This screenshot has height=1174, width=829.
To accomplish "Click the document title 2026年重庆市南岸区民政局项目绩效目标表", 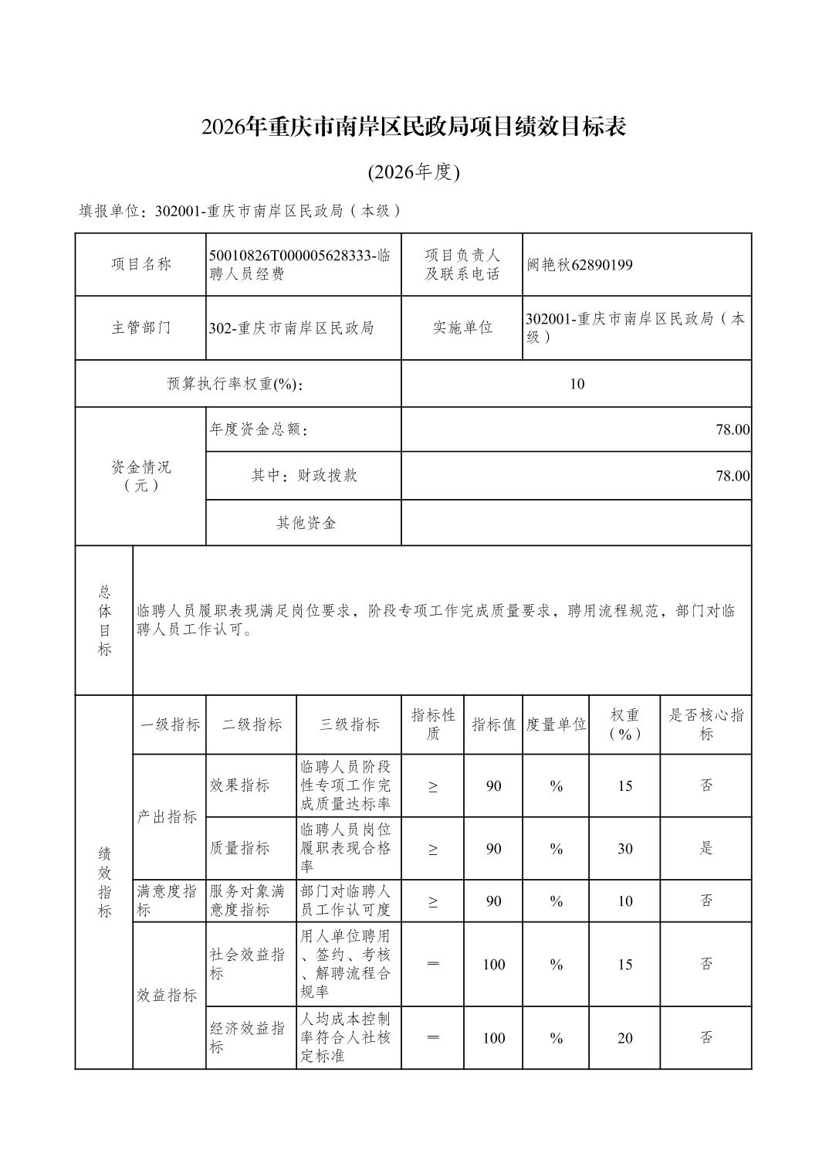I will coord(414,127).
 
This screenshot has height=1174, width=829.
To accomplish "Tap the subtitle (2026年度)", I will coord(414,172).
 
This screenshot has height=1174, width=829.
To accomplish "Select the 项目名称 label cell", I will coord(140,265).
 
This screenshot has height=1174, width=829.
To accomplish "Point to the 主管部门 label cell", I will coord(140,327).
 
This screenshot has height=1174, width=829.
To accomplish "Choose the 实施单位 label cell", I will coord(462,327).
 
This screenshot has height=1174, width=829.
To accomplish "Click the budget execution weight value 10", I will coord(577,384).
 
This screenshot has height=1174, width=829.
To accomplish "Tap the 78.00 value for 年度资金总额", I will coord(732,429).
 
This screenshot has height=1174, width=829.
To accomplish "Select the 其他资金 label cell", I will coord(306,523).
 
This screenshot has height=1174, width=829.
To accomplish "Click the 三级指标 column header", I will coord(349,724).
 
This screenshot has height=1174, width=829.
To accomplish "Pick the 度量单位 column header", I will coord(556,724).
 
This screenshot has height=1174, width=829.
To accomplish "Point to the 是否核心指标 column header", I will coord(705,724).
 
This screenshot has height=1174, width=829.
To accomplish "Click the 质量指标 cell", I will coord(240,848).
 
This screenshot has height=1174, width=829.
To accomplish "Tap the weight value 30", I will coord(624,849).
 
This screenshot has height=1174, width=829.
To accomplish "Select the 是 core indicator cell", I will coord(705,848).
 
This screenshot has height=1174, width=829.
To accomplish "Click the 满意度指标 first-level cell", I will coord(167,901).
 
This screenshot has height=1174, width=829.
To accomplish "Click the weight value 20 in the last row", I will coord(624,1038).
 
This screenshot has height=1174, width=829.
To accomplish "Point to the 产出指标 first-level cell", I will coord(167,816).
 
